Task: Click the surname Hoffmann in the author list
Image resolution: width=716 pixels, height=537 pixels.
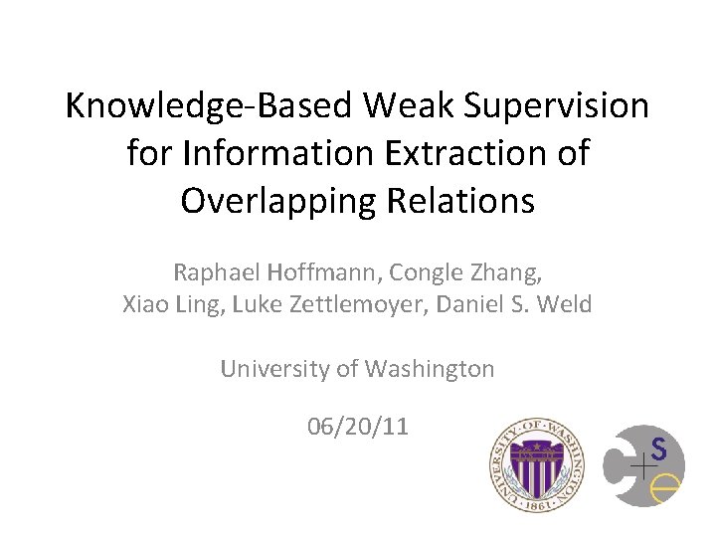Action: [x=313, y=271]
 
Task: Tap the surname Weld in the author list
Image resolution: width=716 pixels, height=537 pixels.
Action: [x=566, y=304]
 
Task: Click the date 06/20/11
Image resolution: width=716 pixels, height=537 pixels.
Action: [x=357, y=428]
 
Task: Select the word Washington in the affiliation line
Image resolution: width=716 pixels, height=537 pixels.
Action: [x=429, y=369]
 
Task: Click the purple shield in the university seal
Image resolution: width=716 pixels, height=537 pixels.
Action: [x=536, y=462]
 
